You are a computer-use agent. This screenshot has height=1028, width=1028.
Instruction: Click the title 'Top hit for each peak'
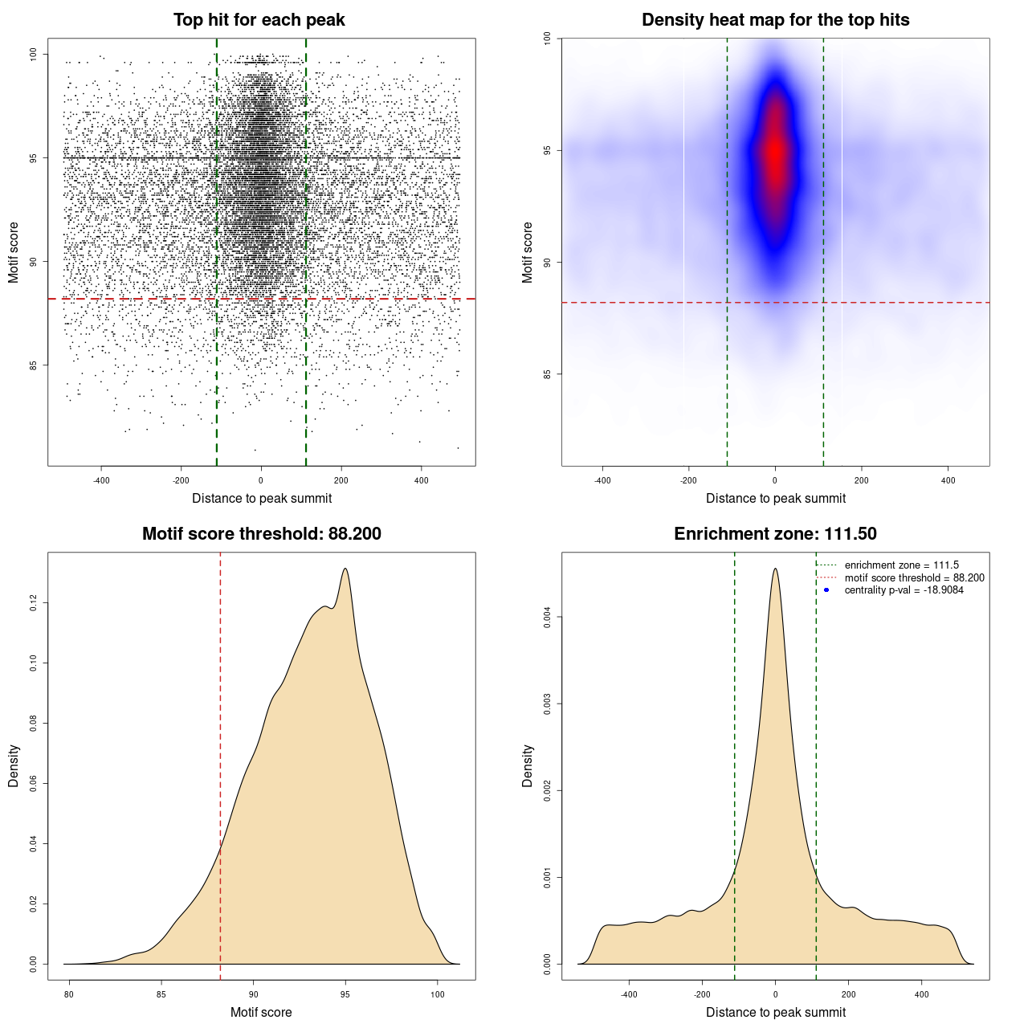point(259,20)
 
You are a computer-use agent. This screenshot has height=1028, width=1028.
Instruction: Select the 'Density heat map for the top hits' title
point(775,20)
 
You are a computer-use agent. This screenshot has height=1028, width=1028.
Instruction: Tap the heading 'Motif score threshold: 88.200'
point(261,534)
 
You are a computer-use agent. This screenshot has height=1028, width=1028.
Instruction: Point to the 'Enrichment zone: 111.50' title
point(775,534)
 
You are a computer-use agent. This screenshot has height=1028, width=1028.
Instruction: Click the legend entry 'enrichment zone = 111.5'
point(901,565)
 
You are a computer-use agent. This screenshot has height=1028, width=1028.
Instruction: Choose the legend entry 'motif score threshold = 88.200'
point(914,577)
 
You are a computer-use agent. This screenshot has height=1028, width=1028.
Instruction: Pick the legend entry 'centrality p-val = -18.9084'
point(904,590)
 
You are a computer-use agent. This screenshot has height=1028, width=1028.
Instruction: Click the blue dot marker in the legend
point(826,590)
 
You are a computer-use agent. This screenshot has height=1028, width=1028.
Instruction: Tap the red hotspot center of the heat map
point(775,153)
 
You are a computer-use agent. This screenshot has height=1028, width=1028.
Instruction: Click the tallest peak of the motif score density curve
point(345,569)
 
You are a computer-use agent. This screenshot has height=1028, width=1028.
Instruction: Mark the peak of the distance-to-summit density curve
point(775,569)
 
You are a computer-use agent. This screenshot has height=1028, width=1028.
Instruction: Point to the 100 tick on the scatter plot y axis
point(33,54)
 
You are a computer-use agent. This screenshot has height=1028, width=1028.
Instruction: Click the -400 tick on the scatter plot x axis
point(101,480)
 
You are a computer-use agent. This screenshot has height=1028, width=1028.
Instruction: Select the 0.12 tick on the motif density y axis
point(33,602)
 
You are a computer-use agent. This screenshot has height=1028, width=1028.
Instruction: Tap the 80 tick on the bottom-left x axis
point(69,994)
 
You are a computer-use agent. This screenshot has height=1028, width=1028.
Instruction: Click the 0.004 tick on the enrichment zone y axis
point(547,617)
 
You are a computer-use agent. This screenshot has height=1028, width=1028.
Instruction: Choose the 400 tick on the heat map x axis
point(948,480)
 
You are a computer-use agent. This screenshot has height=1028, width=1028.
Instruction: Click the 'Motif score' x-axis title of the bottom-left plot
point(261,1012)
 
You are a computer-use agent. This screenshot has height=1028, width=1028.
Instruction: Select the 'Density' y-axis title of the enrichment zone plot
point(528,765)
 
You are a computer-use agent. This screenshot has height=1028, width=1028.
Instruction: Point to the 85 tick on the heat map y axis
point(547,373)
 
